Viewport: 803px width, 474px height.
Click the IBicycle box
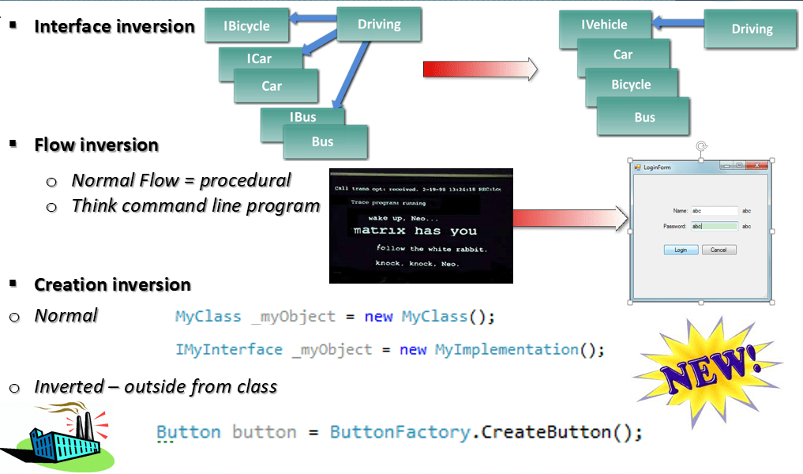247,25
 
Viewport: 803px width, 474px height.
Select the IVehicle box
604,24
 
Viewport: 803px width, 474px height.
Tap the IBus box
302,117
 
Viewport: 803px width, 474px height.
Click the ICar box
259,58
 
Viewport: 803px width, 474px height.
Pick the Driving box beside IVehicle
751,29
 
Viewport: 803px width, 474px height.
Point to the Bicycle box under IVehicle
631,85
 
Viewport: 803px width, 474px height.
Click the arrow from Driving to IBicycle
312,17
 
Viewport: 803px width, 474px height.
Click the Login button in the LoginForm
680,250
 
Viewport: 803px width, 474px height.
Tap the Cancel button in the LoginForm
719,250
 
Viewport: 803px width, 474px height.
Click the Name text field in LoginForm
714,211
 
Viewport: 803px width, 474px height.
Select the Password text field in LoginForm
714,226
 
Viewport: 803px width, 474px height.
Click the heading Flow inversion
96,145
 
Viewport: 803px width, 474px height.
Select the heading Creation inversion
112,284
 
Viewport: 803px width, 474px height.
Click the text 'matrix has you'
415,231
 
